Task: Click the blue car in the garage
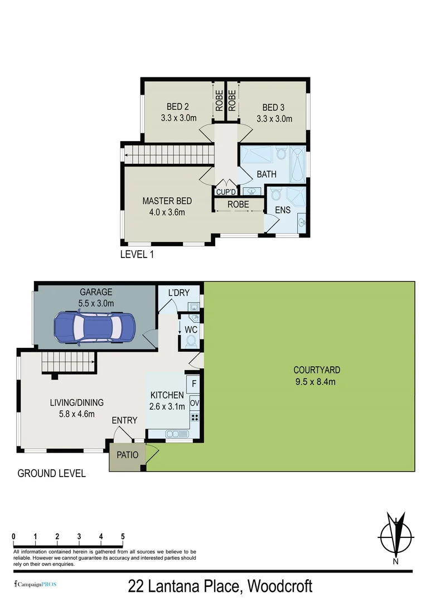click(94, 328)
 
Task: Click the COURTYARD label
click(317, 370)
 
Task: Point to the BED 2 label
click(178, 107)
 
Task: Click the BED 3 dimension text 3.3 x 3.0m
click(274, 118)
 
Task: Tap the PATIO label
click(127, 454)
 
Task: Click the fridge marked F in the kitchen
click(194, 384)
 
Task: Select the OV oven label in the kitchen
click(195, 402)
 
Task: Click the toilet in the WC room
click(192, 340)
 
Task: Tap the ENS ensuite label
click(282, 210)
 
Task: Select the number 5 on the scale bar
click(123, 536)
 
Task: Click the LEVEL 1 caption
click(137, 255)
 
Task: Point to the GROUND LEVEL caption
click(52, 473)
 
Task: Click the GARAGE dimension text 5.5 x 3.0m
click(96, 303)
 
